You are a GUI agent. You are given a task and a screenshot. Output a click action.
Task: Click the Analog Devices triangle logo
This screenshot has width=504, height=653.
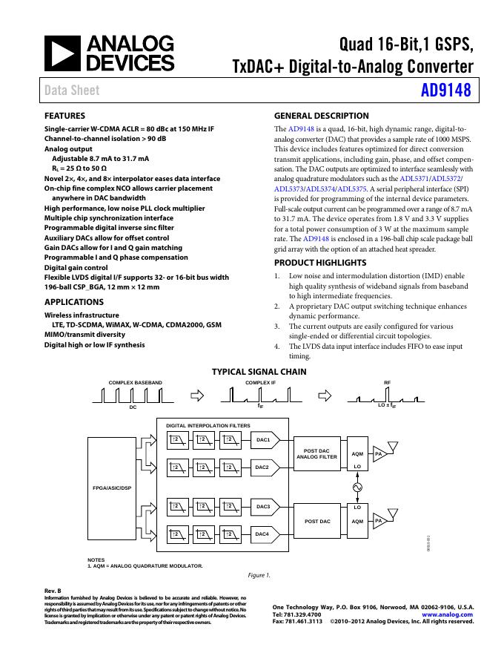click(63, 53)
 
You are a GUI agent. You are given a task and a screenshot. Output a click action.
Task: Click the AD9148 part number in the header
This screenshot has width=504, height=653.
click(443, 91)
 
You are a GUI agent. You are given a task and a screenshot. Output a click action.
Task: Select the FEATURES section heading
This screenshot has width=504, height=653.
click(64, 116)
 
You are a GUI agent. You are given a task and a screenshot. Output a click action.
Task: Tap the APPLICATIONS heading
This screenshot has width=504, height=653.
click(74, 302)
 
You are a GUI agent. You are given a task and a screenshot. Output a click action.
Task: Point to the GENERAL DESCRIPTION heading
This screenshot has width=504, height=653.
click(321, 116)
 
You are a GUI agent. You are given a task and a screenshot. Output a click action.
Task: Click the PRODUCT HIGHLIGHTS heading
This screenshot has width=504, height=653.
click(320, 263)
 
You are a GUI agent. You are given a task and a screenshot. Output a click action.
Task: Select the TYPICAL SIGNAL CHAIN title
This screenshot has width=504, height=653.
click(259, 372)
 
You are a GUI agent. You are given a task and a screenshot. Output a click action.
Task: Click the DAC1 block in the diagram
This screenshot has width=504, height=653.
click(262, 440)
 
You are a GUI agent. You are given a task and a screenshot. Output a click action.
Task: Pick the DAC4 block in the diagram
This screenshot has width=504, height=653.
click(262, 534)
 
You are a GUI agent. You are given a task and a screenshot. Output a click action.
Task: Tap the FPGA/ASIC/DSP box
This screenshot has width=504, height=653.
click(112, 488)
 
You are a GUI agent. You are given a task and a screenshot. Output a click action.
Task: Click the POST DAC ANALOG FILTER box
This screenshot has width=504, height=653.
click(316, 453)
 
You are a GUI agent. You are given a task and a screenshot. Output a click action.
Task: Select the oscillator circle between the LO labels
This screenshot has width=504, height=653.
click(357, 488)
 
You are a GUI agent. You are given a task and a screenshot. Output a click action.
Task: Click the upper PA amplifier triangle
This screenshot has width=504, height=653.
click(379, 453)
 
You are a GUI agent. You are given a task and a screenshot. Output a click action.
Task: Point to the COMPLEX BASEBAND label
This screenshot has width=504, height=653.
click(136, 382)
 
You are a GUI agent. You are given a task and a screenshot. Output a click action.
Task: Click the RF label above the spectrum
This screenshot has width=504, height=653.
click(387, 382)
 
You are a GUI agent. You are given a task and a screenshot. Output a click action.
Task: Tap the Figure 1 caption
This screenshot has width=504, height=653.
click(259, 575)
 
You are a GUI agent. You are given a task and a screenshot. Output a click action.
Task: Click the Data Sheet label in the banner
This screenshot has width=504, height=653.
click(71, 91)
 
